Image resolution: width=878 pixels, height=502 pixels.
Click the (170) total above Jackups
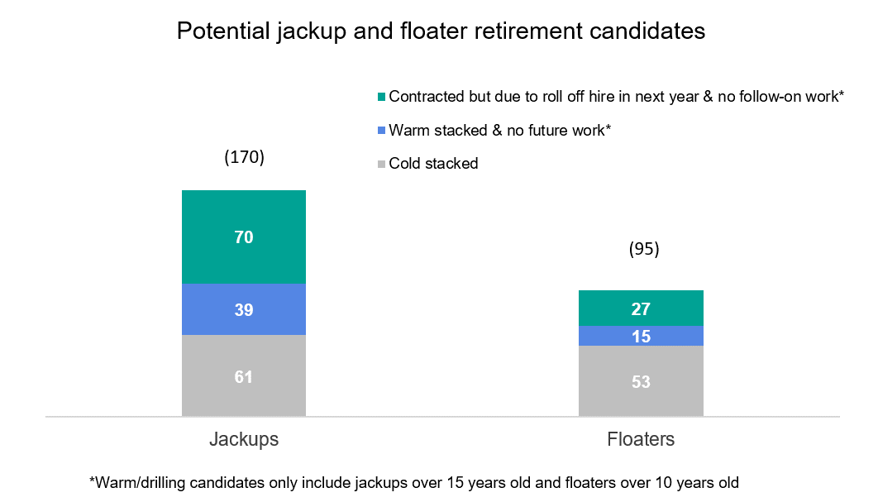244,157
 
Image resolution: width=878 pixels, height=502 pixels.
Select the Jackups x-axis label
244,439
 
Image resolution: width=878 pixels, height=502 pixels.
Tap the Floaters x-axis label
641,439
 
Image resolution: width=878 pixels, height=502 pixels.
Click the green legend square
381,97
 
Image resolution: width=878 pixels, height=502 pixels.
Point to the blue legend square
381,131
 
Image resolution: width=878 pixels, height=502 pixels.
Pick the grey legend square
381,164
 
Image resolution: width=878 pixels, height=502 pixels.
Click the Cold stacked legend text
433,164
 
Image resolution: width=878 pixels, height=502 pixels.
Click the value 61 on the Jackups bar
244,377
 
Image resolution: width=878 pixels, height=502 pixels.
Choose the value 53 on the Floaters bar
641,382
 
